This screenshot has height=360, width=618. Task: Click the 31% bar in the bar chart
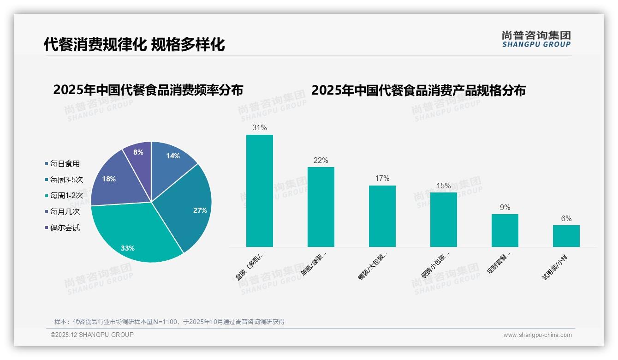259,191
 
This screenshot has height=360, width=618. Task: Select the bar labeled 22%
321,207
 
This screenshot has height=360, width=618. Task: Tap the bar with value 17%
382,216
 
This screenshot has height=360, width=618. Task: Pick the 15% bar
443,220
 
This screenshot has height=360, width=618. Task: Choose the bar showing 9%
505,230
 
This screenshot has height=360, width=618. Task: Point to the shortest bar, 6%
566,236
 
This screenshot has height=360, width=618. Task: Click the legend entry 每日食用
65,163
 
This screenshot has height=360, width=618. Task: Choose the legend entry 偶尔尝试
65,228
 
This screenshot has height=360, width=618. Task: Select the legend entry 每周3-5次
66,180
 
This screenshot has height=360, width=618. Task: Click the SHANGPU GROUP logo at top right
536,39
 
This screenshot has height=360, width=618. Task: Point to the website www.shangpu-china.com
537,335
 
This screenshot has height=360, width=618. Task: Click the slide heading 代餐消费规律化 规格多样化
134,44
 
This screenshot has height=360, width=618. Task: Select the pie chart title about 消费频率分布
148,90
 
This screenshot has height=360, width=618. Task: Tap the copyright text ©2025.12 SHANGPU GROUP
92,335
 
